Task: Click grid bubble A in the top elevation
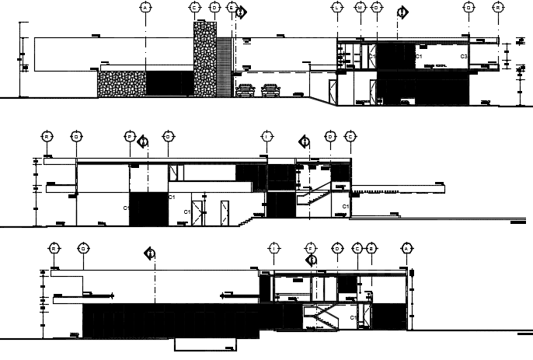click(145, 7)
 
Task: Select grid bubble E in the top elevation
click(232, 7)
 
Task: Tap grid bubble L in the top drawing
click(337, 7)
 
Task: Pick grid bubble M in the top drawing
click(360, 7)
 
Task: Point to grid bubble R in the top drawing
click(498, 7)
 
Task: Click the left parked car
click(245, 90)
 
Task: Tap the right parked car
click(270, 90)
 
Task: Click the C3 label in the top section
click(463, 57)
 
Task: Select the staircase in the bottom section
click(321, 317)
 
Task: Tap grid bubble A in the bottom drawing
click(405, 248)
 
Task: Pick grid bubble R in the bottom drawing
click(54, 248)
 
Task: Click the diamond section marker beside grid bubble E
click(242, 12)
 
